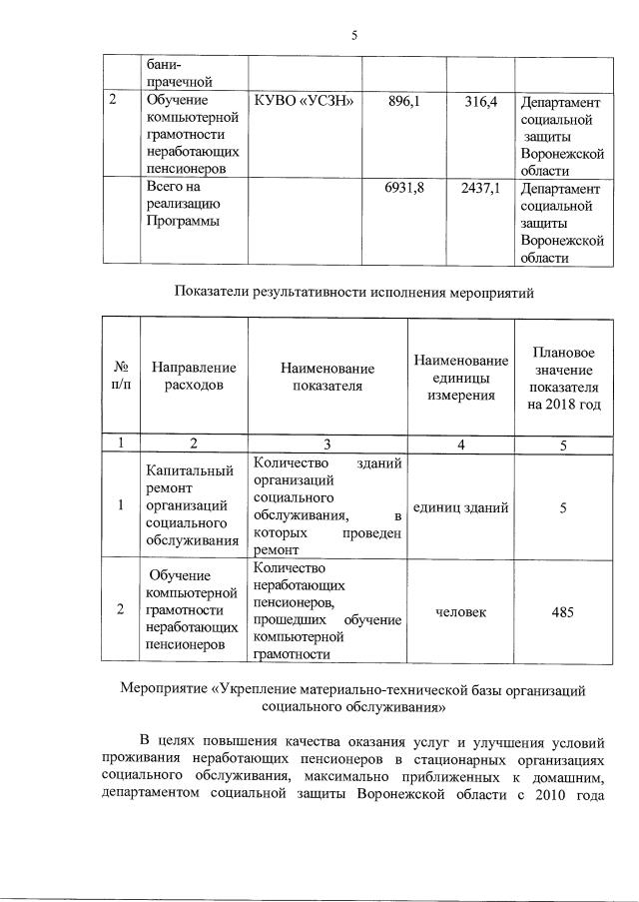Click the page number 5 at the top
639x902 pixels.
point(354,35)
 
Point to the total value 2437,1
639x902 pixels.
point(480,187)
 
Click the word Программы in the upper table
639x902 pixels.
point(179,221)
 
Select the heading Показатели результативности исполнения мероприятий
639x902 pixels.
point(354,293)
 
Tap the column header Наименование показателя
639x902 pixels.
point(326,378)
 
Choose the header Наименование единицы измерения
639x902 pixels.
point(461,377)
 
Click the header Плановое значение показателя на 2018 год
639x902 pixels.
point(564,379)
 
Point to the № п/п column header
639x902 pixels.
point(120,377)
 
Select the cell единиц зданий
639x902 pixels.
point(460,507)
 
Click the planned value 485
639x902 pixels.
point(562,611)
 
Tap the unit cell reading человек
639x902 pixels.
point(461,611)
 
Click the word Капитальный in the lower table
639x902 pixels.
point(190,470)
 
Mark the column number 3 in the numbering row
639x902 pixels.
point(326,444)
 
